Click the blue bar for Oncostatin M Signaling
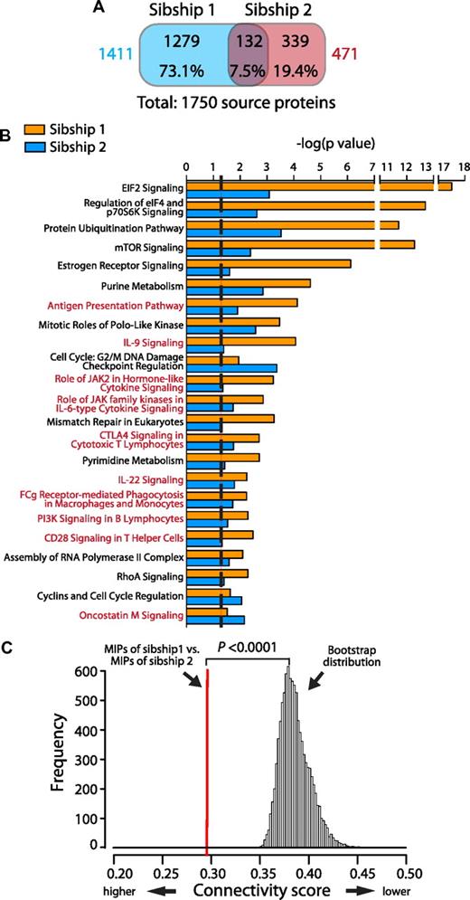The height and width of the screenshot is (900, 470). click(214, 621)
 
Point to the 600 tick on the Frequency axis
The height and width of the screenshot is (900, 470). click(91, 672)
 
